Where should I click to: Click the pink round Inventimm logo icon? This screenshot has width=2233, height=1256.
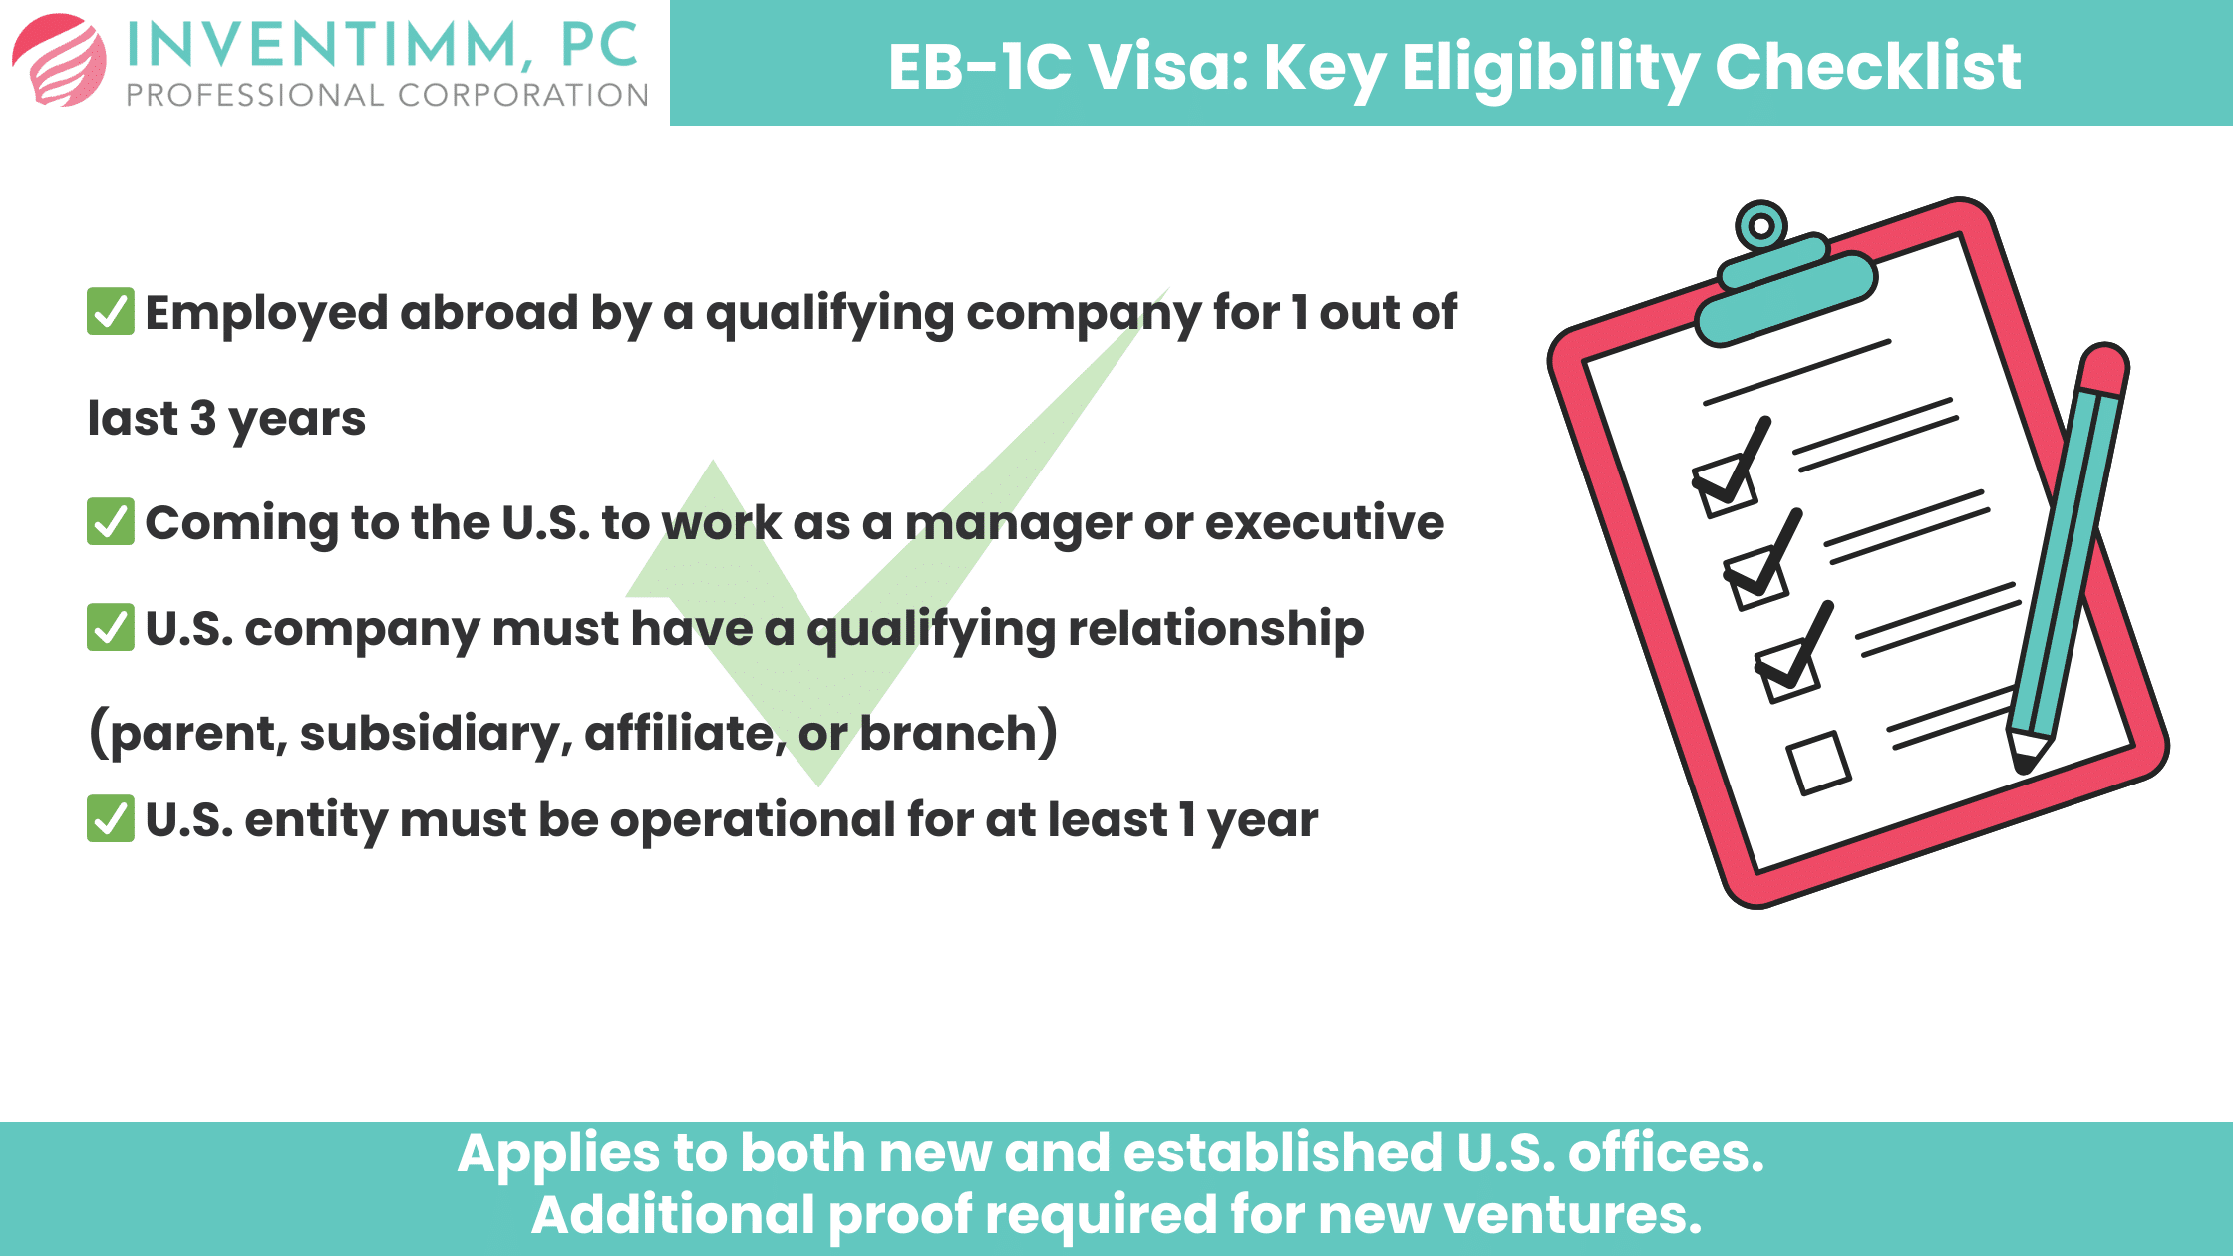pos(60,60)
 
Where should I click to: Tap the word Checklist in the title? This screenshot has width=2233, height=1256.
pos(1867,67)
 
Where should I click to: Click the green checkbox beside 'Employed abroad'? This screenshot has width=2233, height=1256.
pos(111,312)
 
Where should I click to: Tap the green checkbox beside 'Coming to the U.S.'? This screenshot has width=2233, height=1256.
pos(111,522)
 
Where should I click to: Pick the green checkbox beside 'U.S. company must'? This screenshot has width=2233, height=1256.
pos(111,627)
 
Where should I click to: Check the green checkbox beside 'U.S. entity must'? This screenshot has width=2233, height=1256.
pos(111,818)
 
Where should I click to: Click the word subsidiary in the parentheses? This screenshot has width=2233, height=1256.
pos(436,734)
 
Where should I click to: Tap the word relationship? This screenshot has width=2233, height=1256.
pos(1215,629)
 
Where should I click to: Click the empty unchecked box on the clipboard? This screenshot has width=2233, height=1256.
pos(1819,764)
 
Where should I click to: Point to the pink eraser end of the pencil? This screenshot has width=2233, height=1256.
pos(2103,369)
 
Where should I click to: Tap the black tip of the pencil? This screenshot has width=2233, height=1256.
pos(2025,764)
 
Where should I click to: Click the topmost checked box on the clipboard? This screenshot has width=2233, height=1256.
pos(1725,486)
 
